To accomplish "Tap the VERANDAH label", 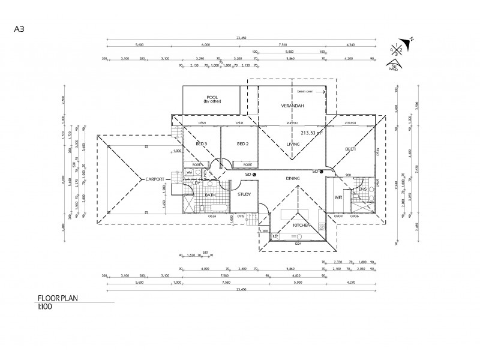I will pyautogui.click(x=293, y=106).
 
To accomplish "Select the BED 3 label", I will pyautogui.click(x=202, y=144).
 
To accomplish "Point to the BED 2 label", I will pyautogui.click(x=242, y=144).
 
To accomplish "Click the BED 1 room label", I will pyautogui.click(x=351, y=149).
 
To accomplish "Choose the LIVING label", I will pyautogui.click(x=293, y=144).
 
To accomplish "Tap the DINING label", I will pyautogui.click(x=293, y=179).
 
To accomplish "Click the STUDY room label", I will pyautogui.click(x=244, y=194).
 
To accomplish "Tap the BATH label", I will pyautogui.click(x=211, y=195).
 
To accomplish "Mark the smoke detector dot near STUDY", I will pyautogui.click(x=255, y=174).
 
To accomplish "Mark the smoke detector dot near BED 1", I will pyautogui.click(x=322, y=172).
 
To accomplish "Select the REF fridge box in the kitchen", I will pyautogui.click(x=275, y=236).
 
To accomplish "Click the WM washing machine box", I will pyautogui.click(x=189, y=172).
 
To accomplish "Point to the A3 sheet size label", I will pyautogui.click(x=19, y=28).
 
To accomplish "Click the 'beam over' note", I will pyautogui.click(x=307, y=92).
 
